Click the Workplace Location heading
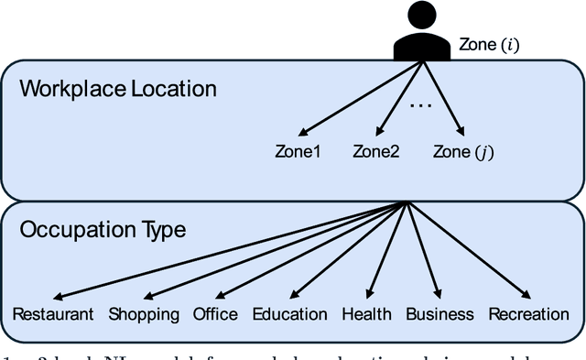click(118, 89)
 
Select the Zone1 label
click(298, 152)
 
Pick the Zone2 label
click(375, 152)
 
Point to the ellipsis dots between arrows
click(420, 105)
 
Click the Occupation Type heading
click(103, 229)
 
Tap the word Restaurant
click(53, 314)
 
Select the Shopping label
click(144, 314)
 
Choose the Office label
click(215, 314)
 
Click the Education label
click(289, 314)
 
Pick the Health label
click(365, 314)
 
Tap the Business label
click(439, 314)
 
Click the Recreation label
click(528, 314)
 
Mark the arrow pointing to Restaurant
click(229, 249)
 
